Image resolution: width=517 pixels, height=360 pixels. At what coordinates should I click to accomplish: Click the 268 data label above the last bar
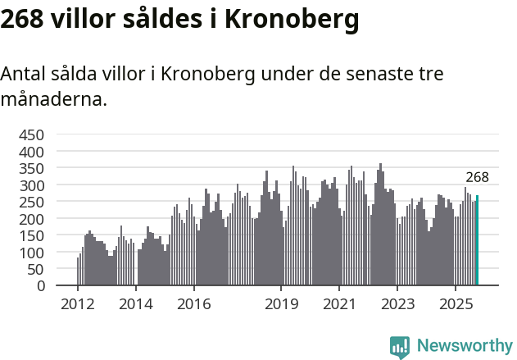[x=477, y=177]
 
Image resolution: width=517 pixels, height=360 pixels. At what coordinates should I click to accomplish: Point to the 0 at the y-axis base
[x=40, y=286]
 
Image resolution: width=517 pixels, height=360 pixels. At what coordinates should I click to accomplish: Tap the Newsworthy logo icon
[x=400, y=347]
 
